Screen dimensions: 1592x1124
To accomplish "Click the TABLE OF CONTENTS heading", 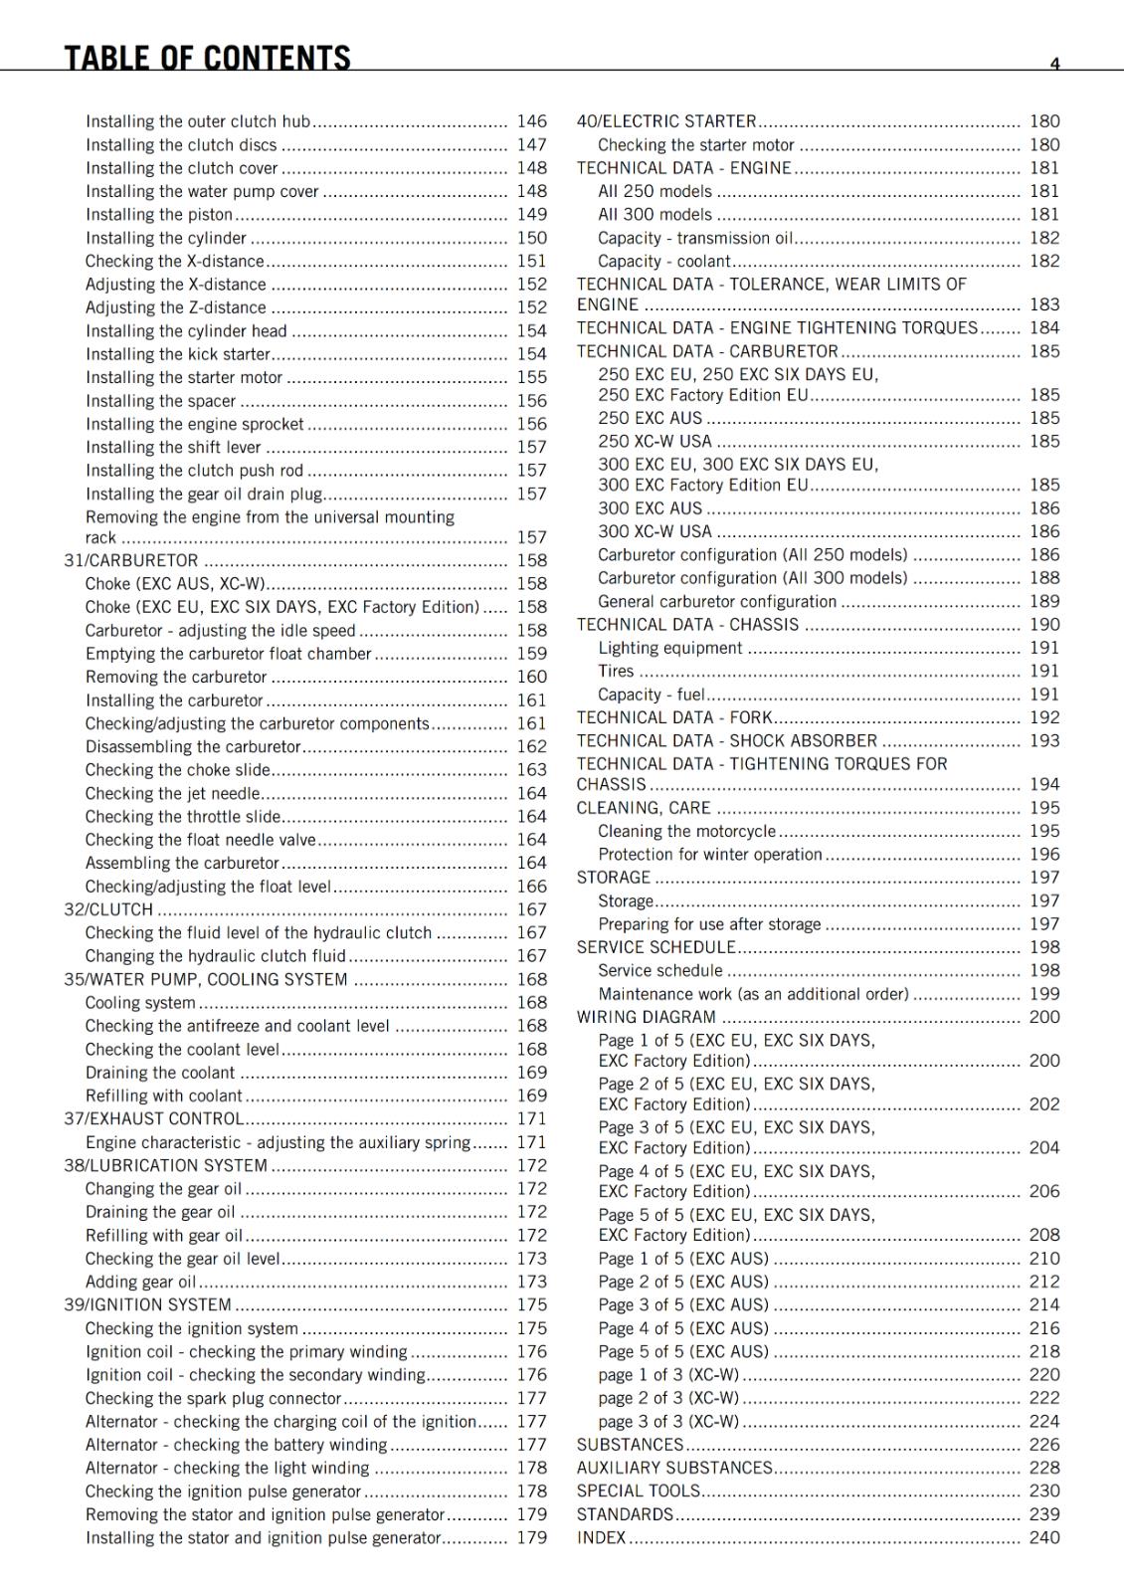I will tap(207, 58).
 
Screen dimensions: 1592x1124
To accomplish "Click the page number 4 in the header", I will tap(1054, 64).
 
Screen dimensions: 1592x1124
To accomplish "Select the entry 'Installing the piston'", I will tap(159, 214).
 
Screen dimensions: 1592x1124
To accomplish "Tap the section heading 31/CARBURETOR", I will tap(131, 560).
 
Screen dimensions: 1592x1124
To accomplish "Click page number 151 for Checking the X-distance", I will tap(532, 261).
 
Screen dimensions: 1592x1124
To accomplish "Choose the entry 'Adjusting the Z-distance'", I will tap(176, 307).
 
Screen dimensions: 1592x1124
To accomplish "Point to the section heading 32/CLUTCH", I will tap(108, 909).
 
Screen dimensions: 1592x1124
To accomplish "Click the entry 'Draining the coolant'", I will tap(160, 1073).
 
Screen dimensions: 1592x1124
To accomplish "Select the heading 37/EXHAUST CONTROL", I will tap(153, 1118).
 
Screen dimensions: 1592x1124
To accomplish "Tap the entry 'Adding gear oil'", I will tap(140, 1282).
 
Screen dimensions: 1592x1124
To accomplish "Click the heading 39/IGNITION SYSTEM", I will tap(147, 1304).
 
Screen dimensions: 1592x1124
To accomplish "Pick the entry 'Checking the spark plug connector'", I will tap(213, 1398).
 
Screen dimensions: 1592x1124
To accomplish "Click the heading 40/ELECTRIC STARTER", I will tap(666, 121).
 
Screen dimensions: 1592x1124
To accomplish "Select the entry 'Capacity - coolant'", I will tap(663, 261).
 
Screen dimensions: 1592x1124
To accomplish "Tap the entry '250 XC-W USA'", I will tap(655, 441).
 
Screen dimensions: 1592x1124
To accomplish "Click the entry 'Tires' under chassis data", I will tap(616, 671).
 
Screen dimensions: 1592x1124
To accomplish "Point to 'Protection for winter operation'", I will tap(710, 854).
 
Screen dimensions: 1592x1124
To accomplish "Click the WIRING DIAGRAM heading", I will tap(647, 1017).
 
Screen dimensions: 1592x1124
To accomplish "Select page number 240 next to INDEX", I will tap(1044, 1537).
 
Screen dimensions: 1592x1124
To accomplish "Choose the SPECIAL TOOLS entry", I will tap(639, 1491).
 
